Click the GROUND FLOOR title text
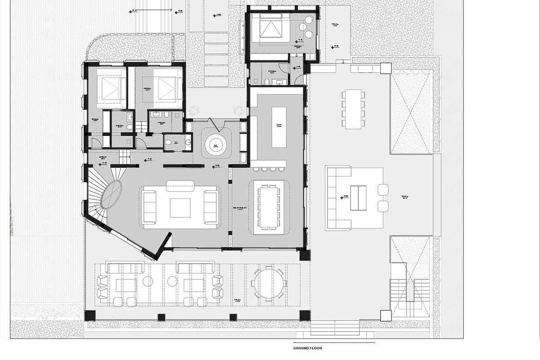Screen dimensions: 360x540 coord(307,348)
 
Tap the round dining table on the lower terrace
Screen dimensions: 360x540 coord(270,283)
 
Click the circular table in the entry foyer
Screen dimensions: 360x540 coord(217,144)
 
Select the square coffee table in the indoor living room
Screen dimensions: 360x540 coord(180,207)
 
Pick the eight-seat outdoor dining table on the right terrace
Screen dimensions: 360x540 coord(354,108)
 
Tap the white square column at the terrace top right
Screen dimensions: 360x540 coord(386,68)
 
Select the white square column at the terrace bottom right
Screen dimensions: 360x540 coord(386,315)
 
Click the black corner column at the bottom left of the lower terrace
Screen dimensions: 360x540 coord(90,315)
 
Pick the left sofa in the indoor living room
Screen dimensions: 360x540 coord(149,207)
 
